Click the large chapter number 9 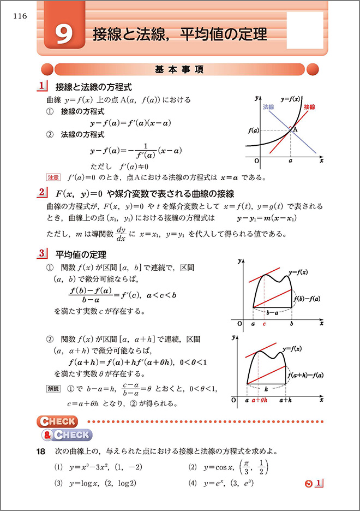(x=64, y=35)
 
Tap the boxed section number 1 (x=42, y=86)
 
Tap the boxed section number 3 (x=42, y=254)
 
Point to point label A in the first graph (x=294, y=130)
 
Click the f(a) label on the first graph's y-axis (x=253, y=131)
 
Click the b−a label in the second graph (x=271, y=313)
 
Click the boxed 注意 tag (x=53, y=177)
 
